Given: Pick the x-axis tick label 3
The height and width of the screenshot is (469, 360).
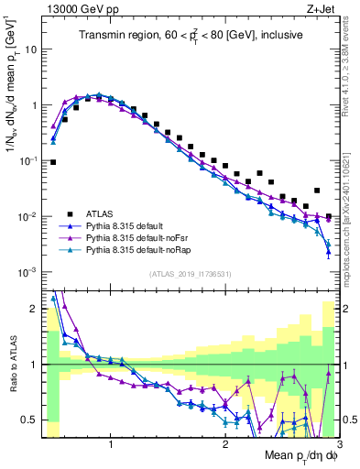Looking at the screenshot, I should tap(338, 444).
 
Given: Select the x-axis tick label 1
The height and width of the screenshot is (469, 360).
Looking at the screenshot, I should tap(111, 444).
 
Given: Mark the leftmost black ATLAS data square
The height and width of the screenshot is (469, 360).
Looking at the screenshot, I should tap(53, 162).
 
